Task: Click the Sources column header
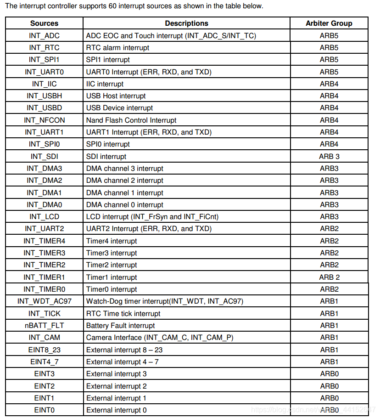tap(44, 23)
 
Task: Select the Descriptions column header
tap(186, 23)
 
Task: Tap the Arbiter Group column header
tap(329, 23)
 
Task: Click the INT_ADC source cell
tap(44, 35)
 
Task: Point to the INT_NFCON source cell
tap(44, 120)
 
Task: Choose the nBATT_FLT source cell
tap(44, 325)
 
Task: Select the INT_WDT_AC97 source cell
tap(44, 301)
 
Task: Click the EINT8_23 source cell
tap(44, 350)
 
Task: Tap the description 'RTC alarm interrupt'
tap(117, 47)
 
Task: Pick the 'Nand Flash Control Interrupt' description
tap(131, 120)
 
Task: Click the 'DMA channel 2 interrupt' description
tap(125, 181)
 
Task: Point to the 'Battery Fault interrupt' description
tap(121, 325)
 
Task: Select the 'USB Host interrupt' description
tap(116, 96)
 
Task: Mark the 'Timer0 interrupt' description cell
tap(112, 289)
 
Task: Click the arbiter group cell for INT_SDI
tap(329, 156)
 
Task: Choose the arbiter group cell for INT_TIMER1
tap(329, 277)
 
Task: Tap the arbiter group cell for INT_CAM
tap(329, 338)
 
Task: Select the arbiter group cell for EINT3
tap(329, 373)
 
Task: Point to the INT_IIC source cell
tap(44, 84)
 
